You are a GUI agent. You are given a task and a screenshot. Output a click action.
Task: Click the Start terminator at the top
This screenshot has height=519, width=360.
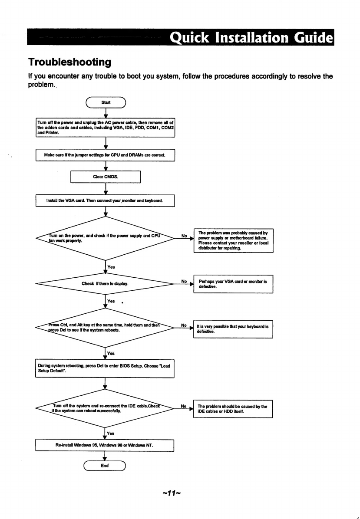106,102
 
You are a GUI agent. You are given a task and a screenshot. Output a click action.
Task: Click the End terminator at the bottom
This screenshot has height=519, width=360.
105,466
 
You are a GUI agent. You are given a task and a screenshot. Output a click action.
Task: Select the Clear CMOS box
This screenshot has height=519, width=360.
106,177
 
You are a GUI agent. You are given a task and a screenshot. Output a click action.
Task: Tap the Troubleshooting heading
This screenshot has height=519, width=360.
69,62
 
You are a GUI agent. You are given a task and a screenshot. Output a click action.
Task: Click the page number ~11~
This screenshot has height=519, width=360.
172,493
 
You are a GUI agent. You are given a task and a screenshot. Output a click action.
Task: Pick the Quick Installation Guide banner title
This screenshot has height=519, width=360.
251,37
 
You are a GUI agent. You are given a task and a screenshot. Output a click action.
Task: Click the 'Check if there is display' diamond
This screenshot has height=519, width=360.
105,284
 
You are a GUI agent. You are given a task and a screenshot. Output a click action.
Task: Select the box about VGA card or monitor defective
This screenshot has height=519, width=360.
233,284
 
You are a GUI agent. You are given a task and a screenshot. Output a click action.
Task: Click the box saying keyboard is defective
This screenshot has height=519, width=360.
233,329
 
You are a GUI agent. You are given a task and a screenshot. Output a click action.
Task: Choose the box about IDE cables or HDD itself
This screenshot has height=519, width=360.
233,409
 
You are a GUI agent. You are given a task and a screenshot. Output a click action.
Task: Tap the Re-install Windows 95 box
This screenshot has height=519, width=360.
105,445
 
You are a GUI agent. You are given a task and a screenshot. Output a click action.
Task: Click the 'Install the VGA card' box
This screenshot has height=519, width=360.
105,200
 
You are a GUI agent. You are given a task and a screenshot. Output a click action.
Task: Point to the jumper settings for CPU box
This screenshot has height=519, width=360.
105,155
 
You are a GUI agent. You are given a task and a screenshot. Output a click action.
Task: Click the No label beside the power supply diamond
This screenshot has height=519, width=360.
184,236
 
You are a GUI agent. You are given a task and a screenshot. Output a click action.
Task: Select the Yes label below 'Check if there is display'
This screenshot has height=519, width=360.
111,301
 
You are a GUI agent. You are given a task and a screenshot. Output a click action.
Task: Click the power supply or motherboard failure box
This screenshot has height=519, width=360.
234,240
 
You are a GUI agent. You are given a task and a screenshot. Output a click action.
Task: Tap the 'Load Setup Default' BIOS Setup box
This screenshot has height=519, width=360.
105,368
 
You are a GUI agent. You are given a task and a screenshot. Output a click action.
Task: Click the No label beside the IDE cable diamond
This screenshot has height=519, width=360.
184,406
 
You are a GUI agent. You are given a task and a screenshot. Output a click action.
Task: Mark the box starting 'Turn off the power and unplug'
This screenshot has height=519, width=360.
106,128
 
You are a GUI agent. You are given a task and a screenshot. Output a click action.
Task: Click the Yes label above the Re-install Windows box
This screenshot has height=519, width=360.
111,433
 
